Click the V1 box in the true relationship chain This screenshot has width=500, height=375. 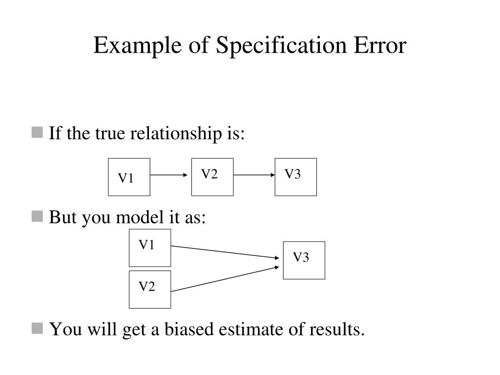pos(129,177)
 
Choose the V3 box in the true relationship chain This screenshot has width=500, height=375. pos(295,177)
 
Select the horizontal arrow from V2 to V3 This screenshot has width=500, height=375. pos(254,175)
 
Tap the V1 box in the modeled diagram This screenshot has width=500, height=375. pos(150,248)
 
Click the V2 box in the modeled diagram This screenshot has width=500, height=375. pos(150,290)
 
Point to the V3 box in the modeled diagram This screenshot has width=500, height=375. pos(304,260)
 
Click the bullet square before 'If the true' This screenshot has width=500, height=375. pos(37,133)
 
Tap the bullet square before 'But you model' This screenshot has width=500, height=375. pos(37,217)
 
